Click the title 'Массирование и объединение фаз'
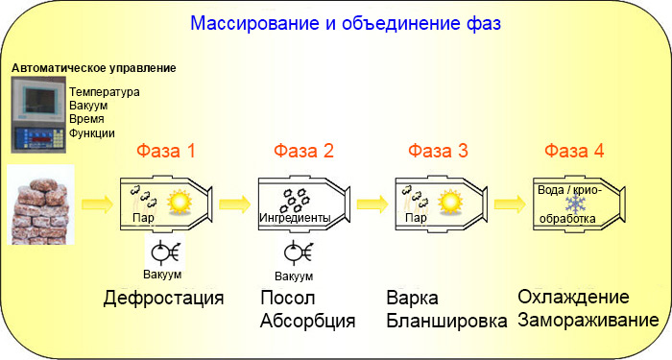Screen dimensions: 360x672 [x=345, y=22]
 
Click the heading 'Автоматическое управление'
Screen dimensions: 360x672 [x=93, y=69]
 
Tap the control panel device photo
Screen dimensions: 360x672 [x=38, y=113]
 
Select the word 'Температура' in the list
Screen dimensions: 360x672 [x=105, y=92]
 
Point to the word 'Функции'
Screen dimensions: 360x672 [x=92, y=133]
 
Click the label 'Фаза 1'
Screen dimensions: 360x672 [x=166, y=151]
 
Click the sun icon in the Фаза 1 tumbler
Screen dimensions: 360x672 [x=179, y=202]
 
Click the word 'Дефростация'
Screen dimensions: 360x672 [x=164, y=298]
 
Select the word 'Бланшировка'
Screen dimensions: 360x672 [x=446, y=321]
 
